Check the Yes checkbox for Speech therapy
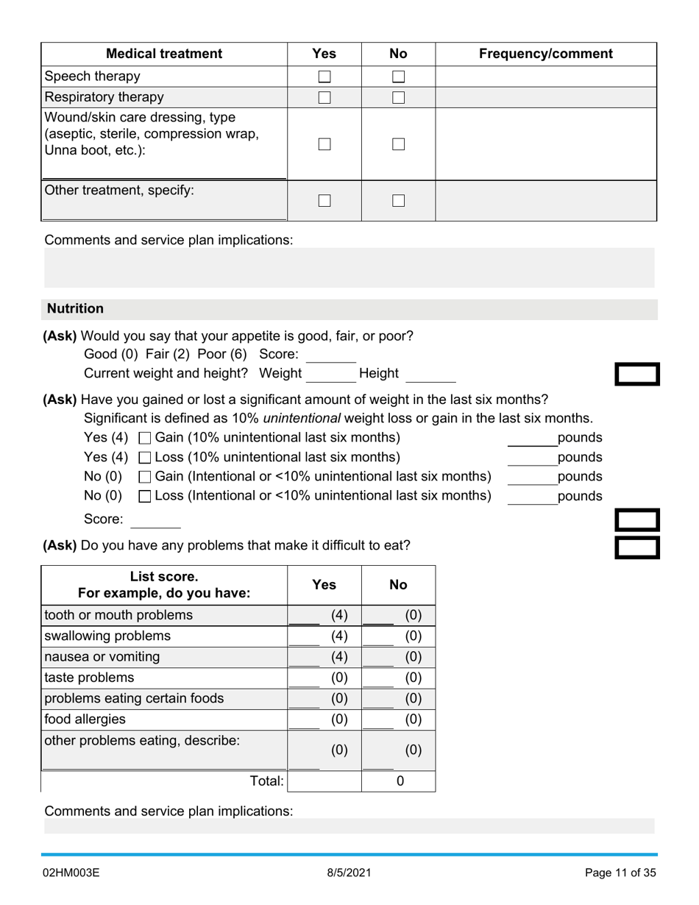(324, 77)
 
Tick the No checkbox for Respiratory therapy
(398, 97)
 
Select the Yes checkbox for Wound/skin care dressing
(324, 144)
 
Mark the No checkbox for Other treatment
(398, 200)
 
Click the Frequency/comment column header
(545, 54)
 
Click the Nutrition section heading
(75, 309)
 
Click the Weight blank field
(330, 375)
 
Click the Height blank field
(430, 375)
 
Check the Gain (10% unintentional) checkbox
(145, 439)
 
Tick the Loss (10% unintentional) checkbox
(145, 458)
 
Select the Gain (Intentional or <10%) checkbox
(145, 478)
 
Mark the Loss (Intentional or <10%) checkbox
(145, 497)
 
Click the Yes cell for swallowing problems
(324, 636)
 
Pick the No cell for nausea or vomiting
(398, 656)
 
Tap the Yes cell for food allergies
(324, 719)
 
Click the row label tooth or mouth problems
(118, 615)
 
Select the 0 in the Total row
(400, 781)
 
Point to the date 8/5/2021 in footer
(349, 873)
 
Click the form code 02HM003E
(71, 873)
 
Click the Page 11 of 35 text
(620, 873)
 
